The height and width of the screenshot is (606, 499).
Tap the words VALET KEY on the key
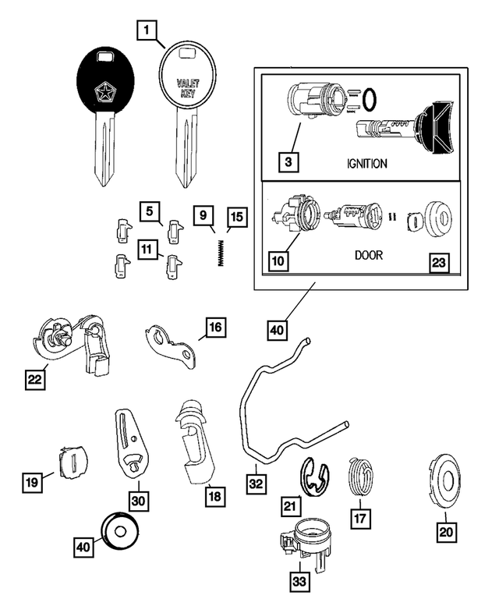pyautogui.click(x=188, y=87)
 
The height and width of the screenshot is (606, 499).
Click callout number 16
pyautogui.click(x=215, y=327)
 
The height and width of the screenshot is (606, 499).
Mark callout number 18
pyautogui.click(x=215, y=494)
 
